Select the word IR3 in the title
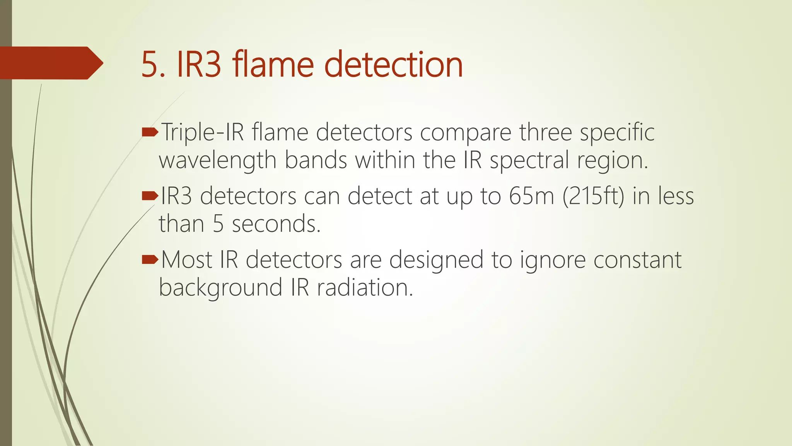point(199,65)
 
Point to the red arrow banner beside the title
point(50,63)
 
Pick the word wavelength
point(217,160)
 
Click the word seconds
point(276,224)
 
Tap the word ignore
point(553,260)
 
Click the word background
point(221,288)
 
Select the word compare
point(466,133)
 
